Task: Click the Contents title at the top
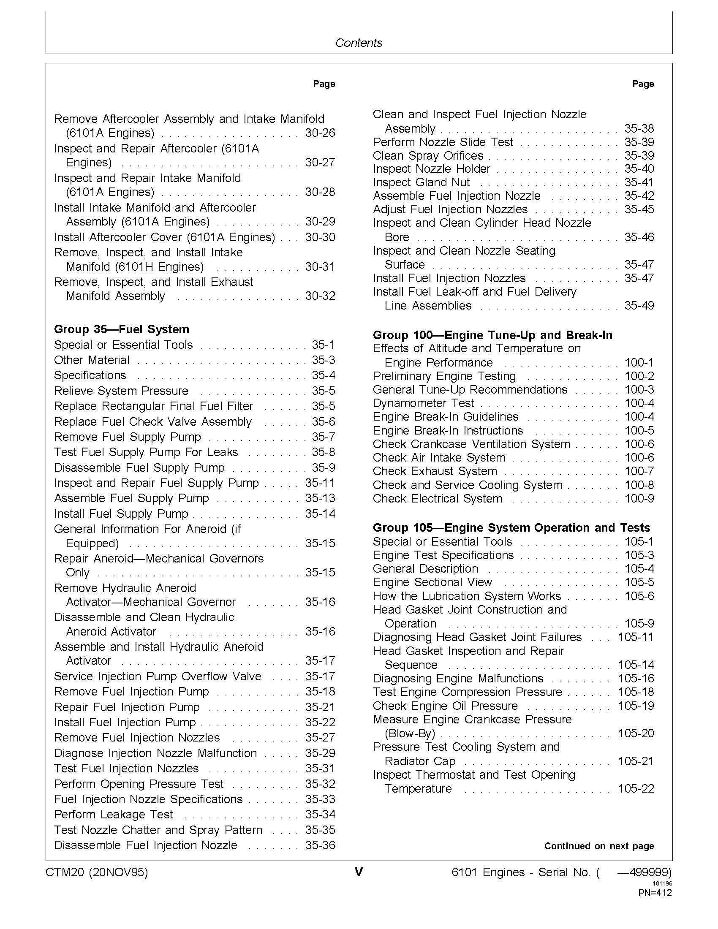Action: [x=359, y=43]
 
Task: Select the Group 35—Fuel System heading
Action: [x=122, y=329]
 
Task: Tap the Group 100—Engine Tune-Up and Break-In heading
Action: [x=492, y=335]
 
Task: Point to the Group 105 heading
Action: [x=511, y=528]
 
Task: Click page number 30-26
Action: [x=320, y=133]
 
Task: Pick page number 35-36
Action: [x=320, y=845]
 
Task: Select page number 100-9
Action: [x=639, y=499]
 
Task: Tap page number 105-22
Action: [x=636, y=789]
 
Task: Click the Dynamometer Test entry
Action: [x=423, y=403]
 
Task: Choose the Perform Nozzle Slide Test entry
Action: [x=443, y=142]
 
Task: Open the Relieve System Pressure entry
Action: [x=121, y=391]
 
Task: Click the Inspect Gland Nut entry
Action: [x=421, y=182]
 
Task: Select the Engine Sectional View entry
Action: [x=432, y=582]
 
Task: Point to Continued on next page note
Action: [x=599, y=846]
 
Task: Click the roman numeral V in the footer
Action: [x=359, y=872]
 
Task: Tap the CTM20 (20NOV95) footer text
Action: [x=97, y=873]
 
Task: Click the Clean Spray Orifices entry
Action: [x=428, y=156]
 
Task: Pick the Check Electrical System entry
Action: [x=437, y=499]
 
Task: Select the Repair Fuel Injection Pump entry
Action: [x=127, y=707]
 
